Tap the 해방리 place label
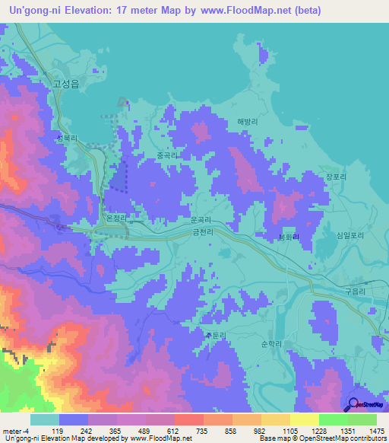click(x=248, y=121)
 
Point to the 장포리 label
click(x=336, y=176)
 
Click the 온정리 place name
click(x=115, y=218)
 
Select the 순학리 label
click(x=271, y=344)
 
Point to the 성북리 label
click(x=67, y=139)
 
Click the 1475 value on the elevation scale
click(x=367, y=430)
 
